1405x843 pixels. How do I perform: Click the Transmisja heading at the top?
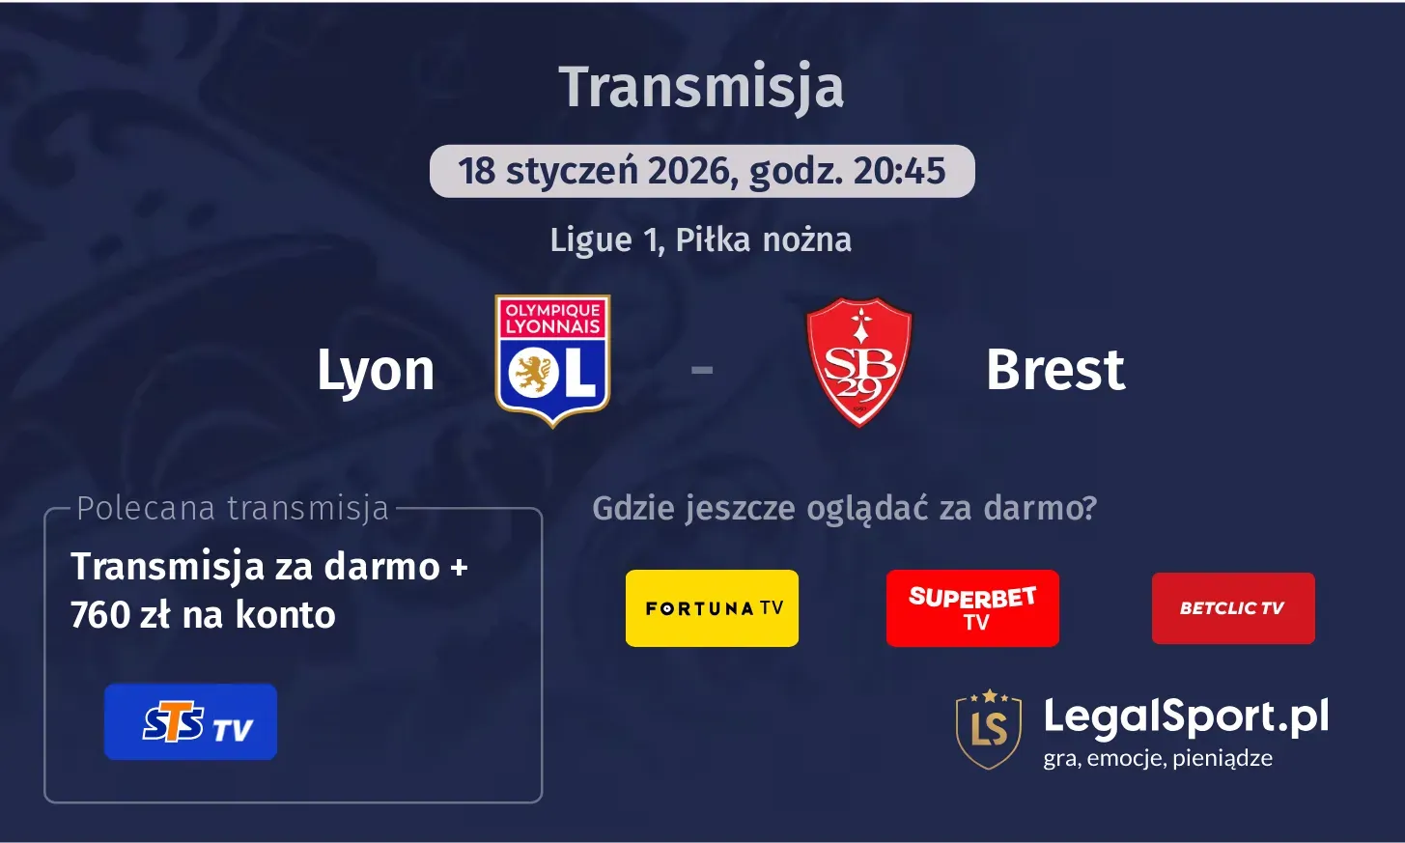pyautogui.click(x=701, y=87)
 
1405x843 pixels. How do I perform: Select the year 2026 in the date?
pyautogui.click(x=688, y=171)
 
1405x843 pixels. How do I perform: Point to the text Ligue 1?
pyautogui.click(x=605, y=239)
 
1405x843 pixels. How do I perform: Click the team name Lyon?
pyautogui.click(x=376, y=370)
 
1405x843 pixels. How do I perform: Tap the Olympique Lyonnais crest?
pyautogui.click(x=552, y=360)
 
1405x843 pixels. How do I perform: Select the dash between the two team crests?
pyautogui.click(x=702, y=369)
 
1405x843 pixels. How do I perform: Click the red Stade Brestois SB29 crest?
pyautogui.click(x=858, y=361)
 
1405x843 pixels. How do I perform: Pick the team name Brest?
pyautogui.click(x=1055, y=370)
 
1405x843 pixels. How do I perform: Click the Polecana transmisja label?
pyautogui.click(x=232, y=508)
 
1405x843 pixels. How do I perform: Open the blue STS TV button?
pyautogui.click(x=190, y=722)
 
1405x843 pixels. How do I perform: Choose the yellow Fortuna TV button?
pyautogui.click(x=712, y=608)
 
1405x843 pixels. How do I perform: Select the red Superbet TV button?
pyautogui.click(x=972, y=608)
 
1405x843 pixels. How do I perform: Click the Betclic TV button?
pyautogui.click(x=1233, y=608)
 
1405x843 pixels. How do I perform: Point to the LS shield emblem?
pyautogui.click(x=988, y=729)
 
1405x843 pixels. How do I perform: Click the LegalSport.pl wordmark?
pyautogui.click(x=1186, y=717)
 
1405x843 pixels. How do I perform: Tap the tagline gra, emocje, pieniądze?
pyautogui.click(x=1157, y=759)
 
